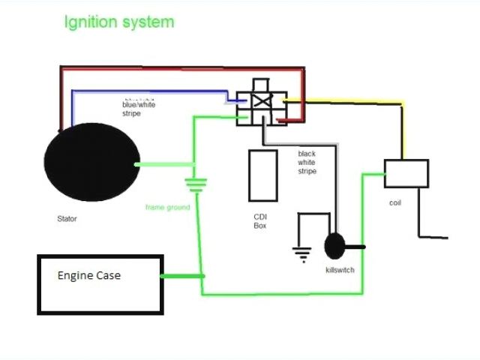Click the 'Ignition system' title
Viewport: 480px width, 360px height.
(x=119, y=22)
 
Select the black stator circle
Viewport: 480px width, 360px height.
(x=91, y=164)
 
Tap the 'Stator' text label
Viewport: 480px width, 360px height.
(x=67, y=220)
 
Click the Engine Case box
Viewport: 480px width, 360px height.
(x=100, y=284)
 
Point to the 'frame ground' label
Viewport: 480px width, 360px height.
(x=167, y=207)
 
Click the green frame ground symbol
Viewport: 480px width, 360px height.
(x=196, y=184)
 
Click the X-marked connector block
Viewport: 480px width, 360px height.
(x=261, y=107)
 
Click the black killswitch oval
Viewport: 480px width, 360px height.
(x=334, y=246)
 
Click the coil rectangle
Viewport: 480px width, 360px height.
(x=406, y=173)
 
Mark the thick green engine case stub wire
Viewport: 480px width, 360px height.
(x=182, y=276)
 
